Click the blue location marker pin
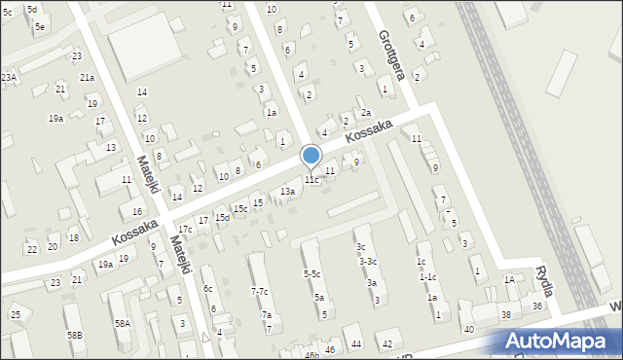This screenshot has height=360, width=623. click(x=311, y=156)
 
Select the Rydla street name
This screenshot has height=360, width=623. click(x=544, y=281)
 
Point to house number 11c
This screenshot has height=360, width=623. click(x=311, y=180)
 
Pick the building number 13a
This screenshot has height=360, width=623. click(x=287, y=192)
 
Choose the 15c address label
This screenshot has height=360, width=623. click(x=239, y=209)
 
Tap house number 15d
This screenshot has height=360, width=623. click(x=222, y=217)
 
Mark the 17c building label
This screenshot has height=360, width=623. click(x=185, y=229)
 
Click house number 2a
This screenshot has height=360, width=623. click(x=366, y=113)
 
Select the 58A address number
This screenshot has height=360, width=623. click(x=122, y=323)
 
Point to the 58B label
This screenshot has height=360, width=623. click(x=75, y=335)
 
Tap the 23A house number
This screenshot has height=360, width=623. click(x=9, y=77)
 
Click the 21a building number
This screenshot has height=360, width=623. click(x=87, y=77)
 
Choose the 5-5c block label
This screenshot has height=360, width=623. click(x=311, y=274)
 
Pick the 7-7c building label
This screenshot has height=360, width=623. click(x=260, y=292)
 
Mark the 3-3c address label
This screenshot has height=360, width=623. click(x=368, y=261)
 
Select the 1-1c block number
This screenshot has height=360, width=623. click(x=426, y=276)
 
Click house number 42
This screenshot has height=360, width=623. click(x=386, y=344)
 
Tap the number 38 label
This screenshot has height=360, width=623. click(x=505, y=315)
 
